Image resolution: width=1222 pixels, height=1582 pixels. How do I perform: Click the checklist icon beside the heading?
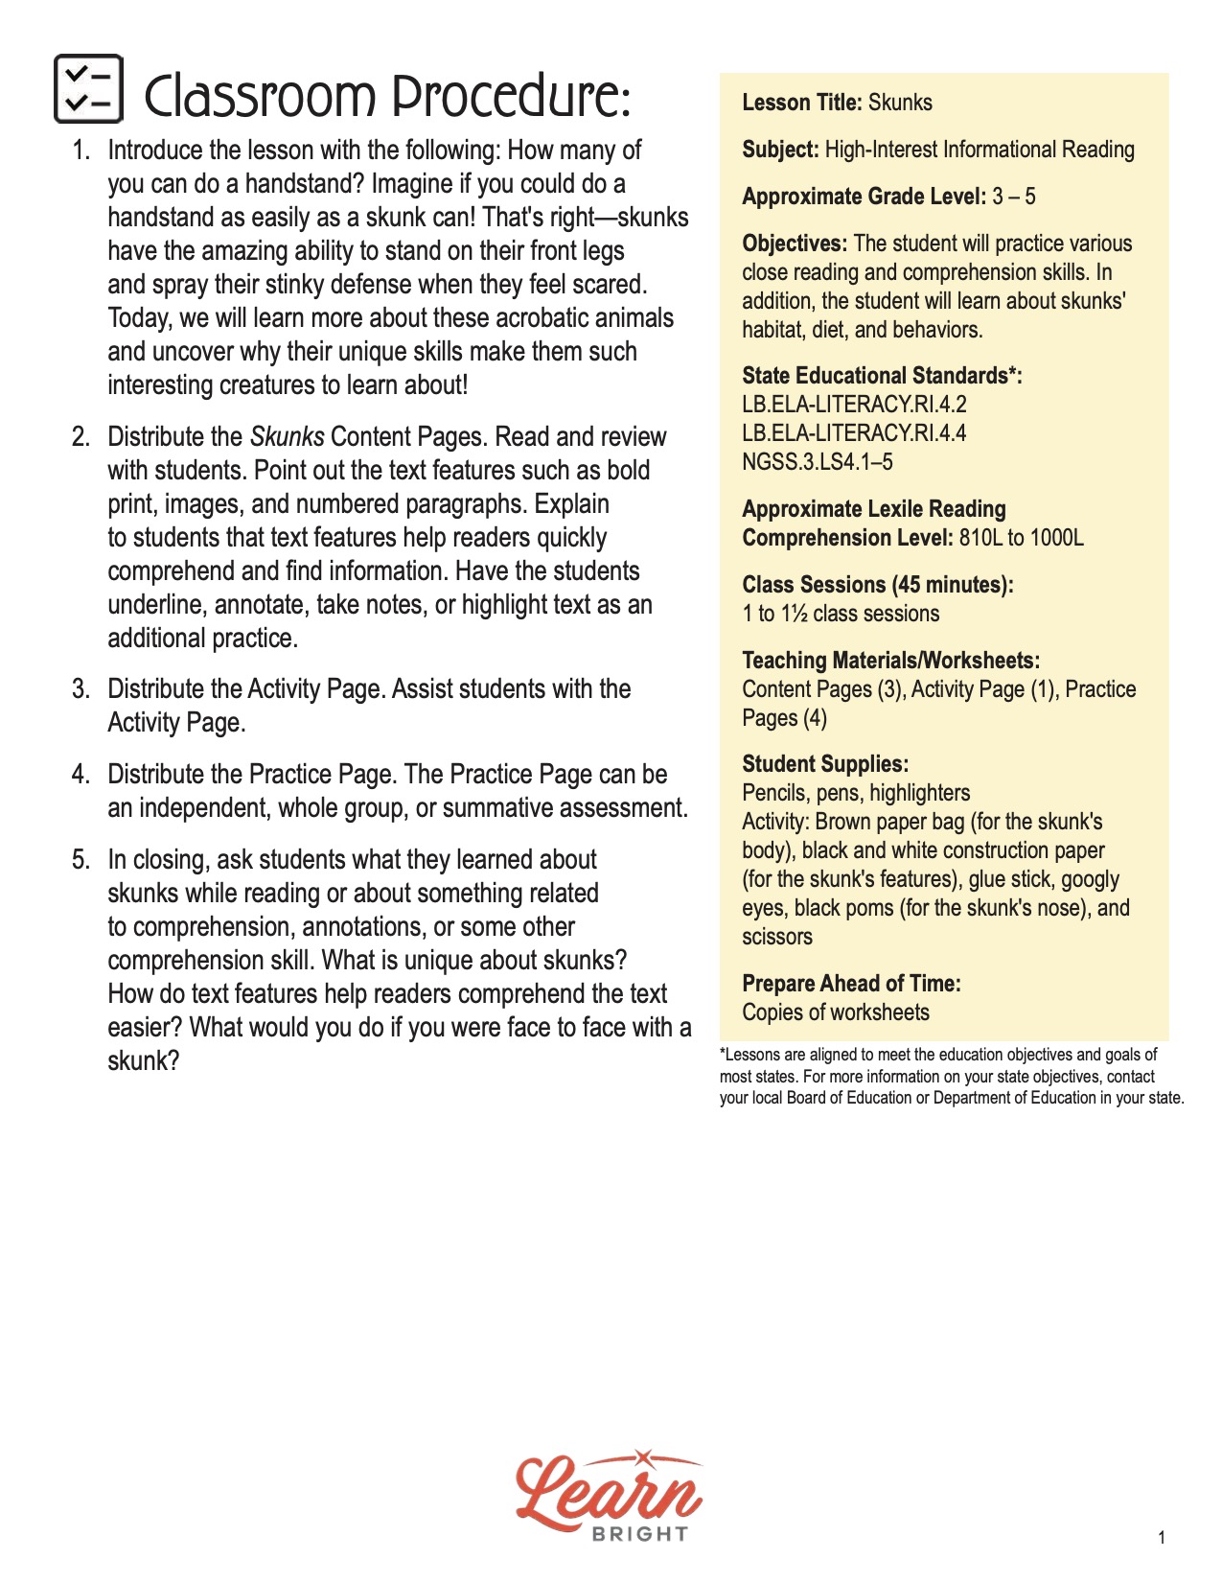(x=88, y=89)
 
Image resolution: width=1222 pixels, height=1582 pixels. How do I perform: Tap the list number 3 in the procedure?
(x=81, y=689)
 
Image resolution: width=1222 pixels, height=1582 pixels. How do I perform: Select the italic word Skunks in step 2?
(x=287, y=437)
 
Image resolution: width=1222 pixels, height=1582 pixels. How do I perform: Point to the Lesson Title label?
(x=802, y=103)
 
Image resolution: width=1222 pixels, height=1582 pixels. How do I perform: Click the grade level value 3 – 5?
(x=1014, y=197)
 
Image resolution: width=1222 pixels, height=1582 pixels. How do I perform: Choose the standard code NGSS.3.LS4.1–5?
(x=817, y=462)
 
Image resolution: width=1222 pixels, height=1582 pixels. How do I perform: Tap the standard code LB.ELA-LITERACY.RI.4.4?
(x=854, y=433)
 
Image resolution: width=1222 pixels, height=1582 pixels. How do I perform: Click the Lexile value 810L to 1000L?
(x=1021, y=538)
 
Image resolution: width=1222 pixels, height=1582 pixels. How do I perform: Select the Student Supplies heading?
(x=825, y=764)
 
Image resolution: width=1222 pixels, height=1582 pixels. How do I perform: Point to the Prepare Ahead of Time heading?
(x=851, y=984)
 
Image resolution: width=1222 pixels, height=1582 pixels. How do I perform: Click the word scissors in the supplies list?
(x=776, y=937)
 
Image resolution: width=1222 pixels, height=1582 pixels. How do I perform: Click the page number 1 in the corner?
(x=1162, y=1538)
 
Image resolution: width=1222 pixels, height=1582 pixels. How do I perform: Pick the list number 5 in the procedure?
(x=81, y=860)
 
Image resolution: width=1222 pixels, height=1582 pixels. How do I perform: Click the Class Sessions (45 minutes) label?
(x=877, y=585)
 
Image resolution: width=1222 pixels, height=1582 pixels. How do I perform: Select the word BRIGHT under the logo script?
(x=640, y=1534)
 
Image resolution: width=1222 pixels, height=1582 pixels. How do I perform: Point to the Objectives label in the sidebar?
(x=795, y=244)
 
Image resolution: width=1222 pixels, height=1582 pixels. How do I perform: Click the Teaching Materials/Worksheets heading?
(x=890, y=661)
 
